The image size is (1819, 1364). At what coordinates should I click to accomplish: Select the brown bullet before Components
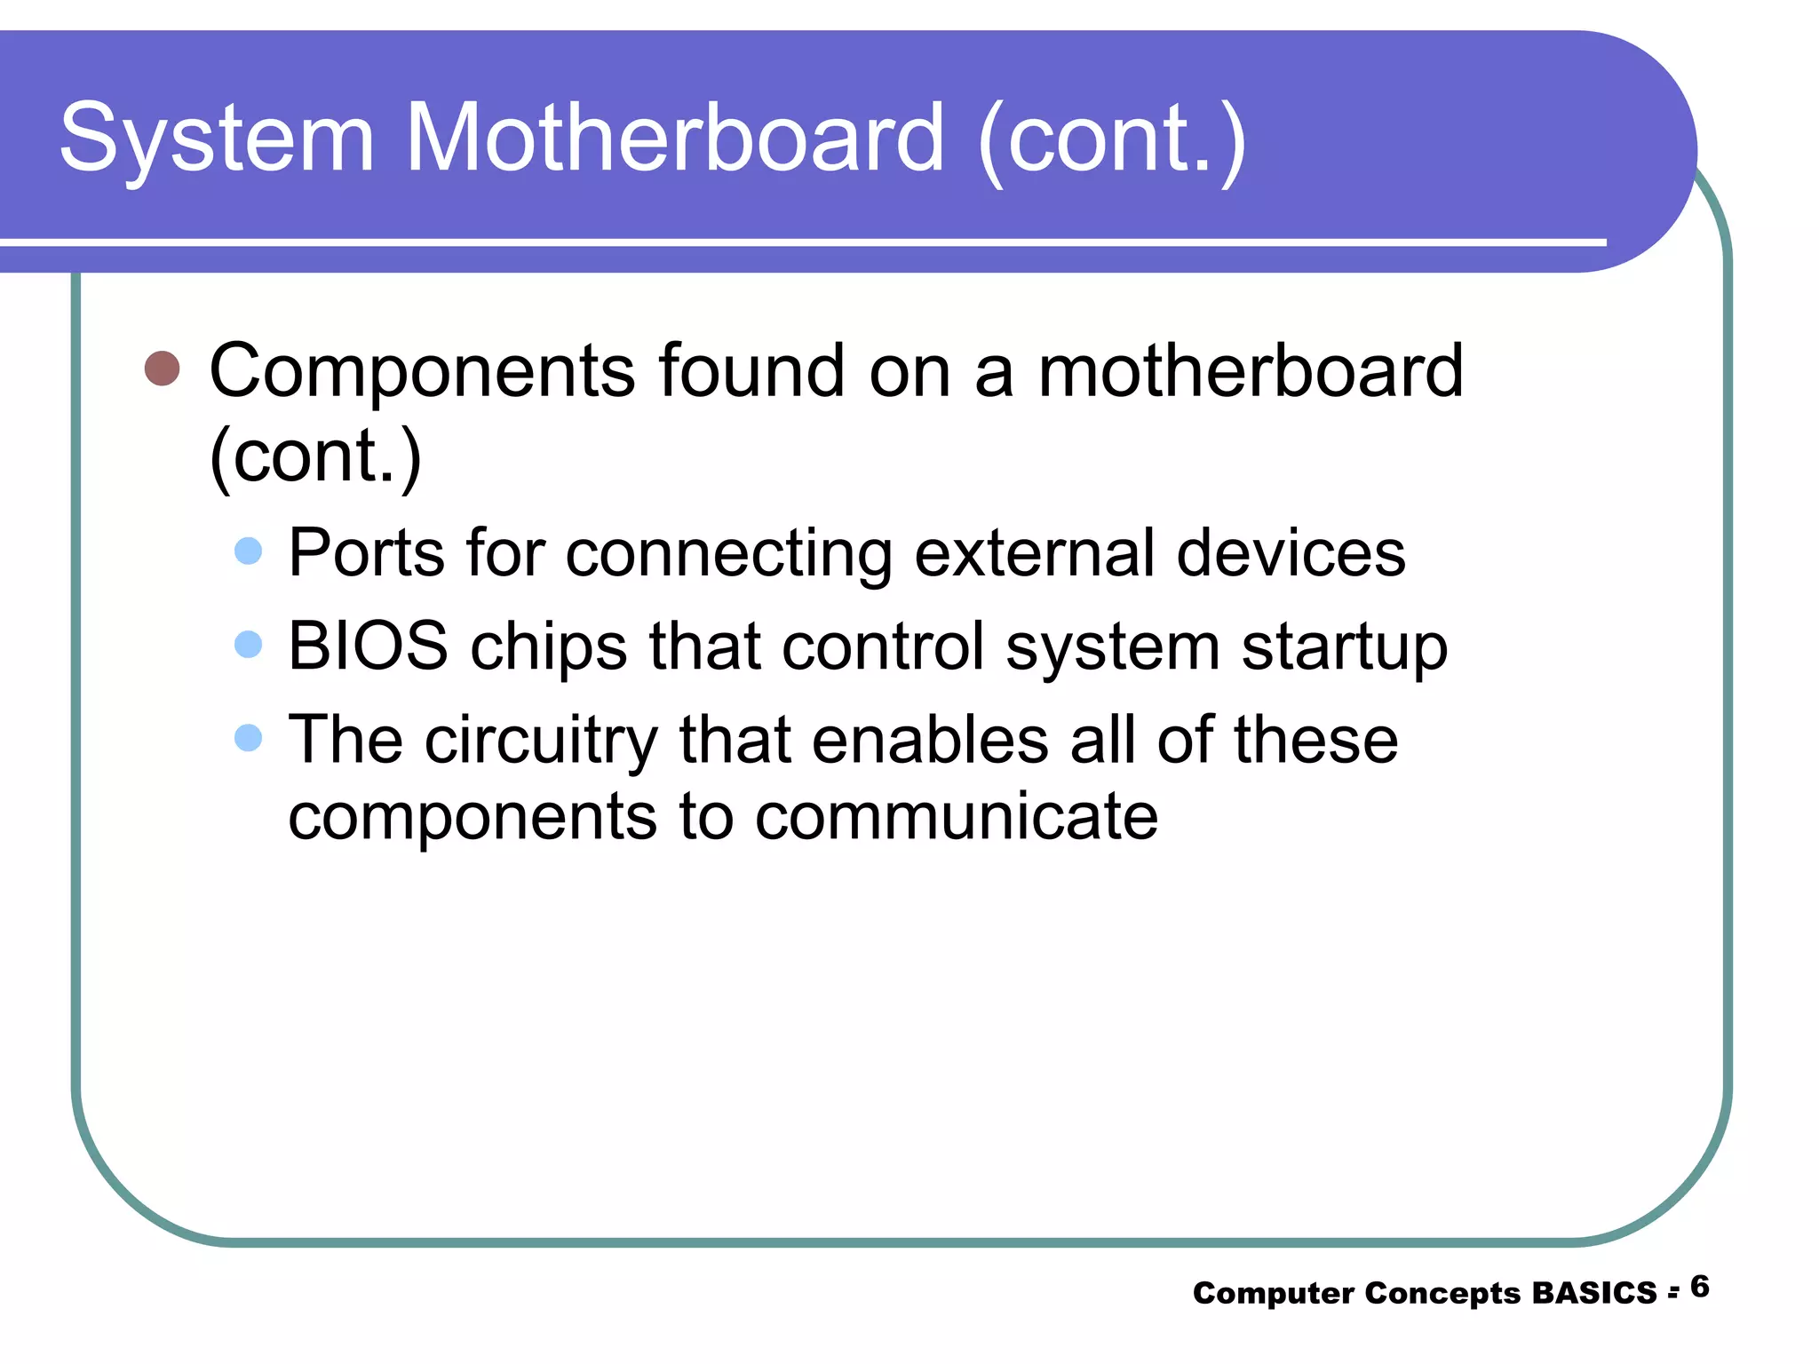coord(162,368)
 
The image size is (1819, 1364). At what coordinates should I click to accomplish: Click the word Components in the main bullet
coord(422,372)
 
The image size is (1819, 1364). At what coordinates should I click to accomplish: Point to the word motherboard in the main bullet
coord(1250,370)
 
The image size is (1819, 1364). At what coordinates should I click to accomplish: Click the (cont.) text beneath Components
coord(315,456)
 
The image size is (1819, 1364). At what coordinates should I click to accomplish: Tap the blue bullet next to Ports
coord(249,551)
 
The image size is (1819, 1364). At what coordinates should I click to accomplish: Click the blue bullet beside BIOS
coord(249,644)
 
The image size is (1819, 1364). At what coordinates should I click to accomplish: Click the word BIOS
coord(368,646)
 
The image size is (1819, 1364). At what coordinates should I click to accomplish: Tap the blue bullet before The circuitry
coord(249,737)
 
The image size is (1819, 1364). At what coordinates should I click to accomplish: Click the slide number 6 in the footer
coord(1699,1287)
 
